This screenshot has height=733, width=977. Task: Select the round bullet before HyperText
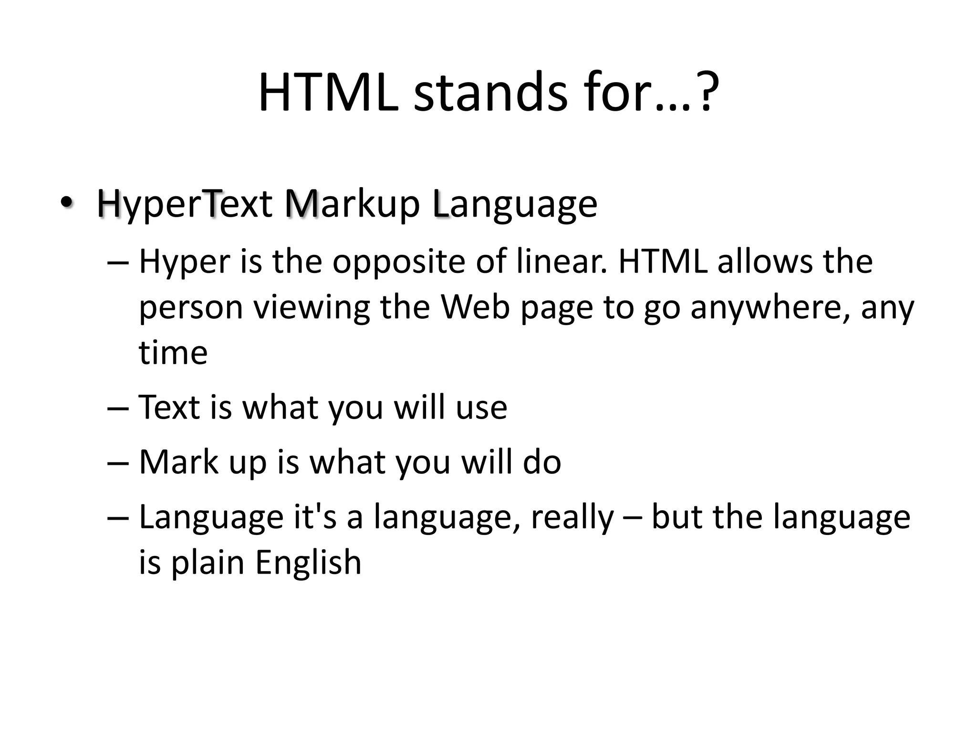tap(66, 203)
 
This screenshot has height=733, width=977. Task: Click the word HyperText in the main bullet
tap(185, 204)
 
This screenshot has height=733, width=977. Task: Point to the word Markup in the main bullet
tap(353, 204)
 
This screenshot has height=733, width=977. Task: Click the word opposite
tap(399, 262)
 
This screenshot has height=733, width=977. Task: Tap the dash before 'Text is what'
tap(118, 408)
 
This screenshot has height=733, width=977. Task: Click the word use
tap(481, 408)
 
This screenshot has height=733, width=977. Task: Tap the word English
tap(308, 562)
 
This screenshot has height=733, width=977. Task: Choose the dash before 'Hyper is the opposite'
tap(118, 263)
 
